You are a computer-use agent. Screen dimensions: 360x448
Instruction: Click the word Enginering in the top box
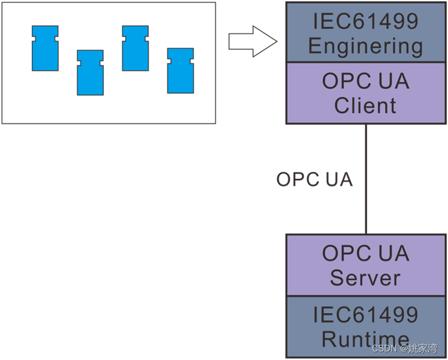(x=365, y=46)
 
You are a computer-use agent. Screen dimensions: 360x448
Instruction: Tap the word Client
(x=365, y=105)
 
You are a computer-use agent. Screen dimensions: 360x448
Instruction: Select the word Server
(x=365, y=277)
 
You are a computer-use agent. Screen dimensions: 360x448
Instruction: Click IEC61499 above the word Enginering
(x=365, y=21)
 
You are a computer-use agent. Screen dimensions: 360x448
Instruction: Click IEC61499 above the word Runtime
(x=365, y=314)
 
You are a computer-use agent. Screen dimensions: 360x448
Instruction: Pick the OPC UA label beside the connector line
(x=315, y=180)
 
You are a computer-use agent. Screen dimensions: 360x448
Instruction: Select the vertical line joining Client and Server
(x=366, y=180)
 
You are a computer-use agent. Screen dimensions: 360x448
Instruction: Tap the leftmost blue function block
(x=45, y=48)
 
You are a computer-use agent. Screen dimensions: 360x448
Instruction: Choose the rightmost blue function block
(x=180, y=71)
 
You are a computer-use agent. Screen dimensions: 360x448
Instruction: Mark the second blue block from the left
(x=90, y=73)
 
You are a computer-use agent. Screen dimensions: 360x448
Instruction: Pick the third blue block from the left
(x=135, y=48)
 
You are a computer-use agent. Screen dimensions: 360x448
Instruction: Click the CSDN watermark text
(x=385, y=349)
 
